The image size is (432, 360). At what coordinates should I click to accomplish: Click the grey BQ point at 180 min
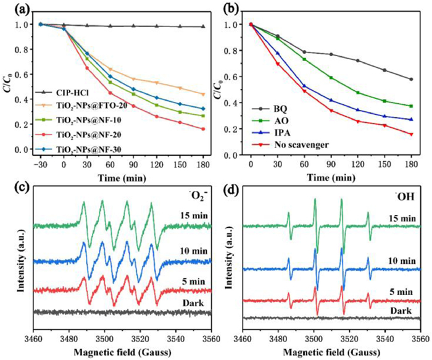click(x=411, y=79)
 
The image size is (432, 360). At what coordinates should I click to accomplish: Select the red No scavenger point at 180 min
click(x=411, y=134)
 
